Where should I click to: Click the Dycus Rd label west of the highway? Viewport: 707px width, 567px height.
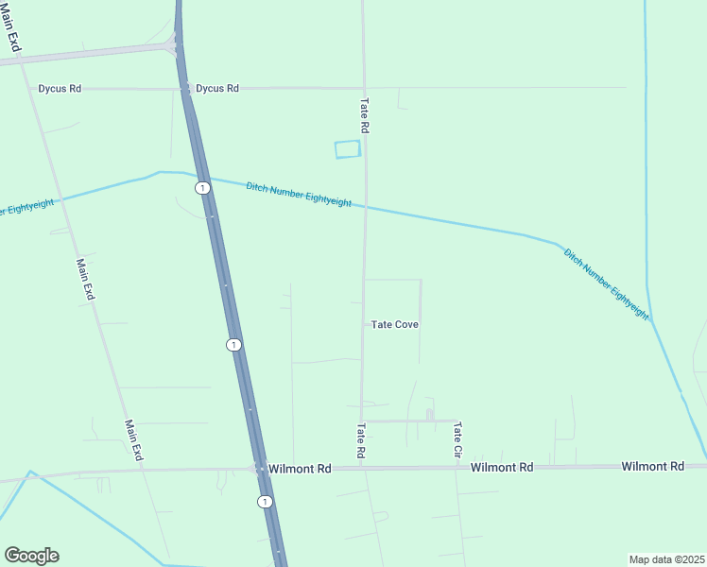[60, 89]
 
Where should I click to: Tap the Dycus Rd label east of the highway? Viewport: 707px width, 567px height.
[216, 89]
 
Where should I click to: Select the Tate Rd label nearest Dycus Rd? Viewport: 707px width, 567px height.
[364, 114]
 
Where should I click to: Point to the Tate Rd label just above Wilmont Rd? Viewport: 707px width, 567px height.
[360, 441]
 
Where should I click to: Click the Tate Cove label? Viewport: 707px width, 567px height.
[394, 324]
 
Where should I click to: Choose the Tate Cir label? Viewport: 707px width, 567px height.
[457, 440]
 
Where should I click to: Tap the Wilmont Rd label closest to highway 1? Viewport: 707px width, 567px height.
[299, 468]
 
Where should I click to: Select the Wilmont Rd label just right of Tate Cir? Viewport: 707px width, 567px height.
[502, 467]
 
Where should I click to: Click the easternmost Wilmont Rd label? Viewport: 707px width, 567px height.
[652, 467]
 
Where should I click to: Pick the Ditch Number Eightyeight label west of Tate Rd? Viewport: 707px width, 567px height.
[299, 195]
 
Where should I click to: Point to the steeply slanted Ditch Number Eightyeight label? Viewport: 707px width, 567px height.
[606, 282]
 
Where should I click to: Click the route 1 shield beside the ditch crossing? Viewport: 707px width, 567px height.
[202, 188]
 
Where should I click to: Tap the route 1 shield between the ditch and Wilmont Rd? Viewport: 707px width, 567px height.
[233, 344]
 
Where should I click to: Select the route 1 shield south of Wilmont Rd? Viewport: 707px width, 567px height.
[265, 501]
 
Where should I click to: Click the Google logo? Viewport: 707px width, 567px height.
[31, 555]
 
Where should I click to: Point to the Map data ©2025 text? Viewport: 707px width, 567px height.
[665, 558]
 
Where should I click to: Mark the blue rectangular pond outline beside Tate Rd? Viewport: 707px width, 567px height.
[348, 149]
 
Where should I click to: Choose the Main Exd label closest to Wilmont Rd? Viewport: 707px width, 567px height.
[133, 440]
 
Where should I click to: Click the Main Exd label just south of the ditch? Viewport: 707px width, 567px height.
[86, 280]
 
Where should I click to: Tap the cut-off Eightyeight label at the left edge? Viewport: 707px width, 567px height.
[26, 205]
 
